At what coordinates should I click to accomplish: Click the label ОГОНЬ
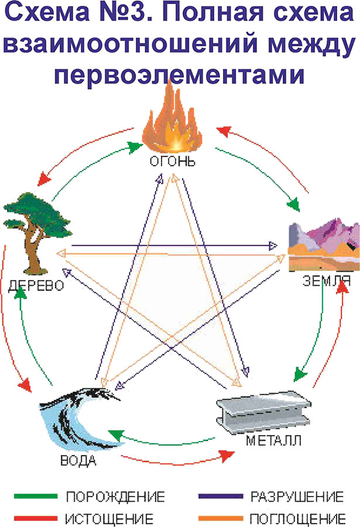click(x=173, y=160)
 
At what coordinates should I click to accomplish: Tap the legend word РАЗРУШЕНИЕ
click(x=297, y=497)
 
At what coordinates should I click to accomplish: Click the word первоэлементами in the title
click(x=180, y=74)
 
